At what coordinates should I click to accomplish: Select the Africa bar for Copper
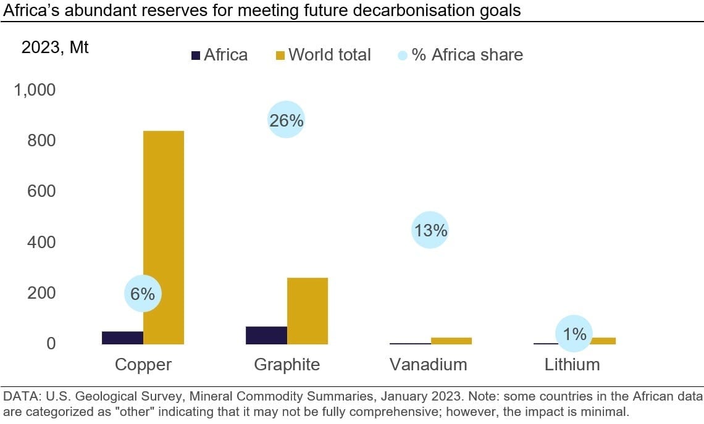122,338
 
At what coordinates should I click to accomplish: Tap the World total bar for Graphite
308,311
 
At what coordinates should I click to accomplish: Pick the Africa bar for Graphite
266,335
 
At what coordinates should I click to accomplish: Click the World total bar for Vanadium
451,341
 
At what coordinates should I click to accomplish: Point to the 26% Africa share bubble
286,120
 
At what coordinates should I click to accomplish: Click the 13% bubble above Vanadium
430,231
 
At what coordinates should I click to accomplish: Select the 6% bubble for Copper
143,294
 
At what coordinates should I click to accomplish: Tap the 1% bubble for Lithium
574,334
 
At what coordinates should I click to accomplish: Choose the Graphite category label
287,365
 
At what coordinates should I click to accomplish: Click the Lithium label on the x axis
572,365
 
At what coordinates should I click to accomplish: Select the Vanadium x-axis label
428,365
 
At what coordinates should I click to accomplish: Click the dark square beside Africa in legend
195,56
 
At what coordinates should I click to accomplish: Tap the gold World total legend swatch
279,56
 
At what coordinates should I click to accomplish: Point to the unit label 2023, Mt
55,48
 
